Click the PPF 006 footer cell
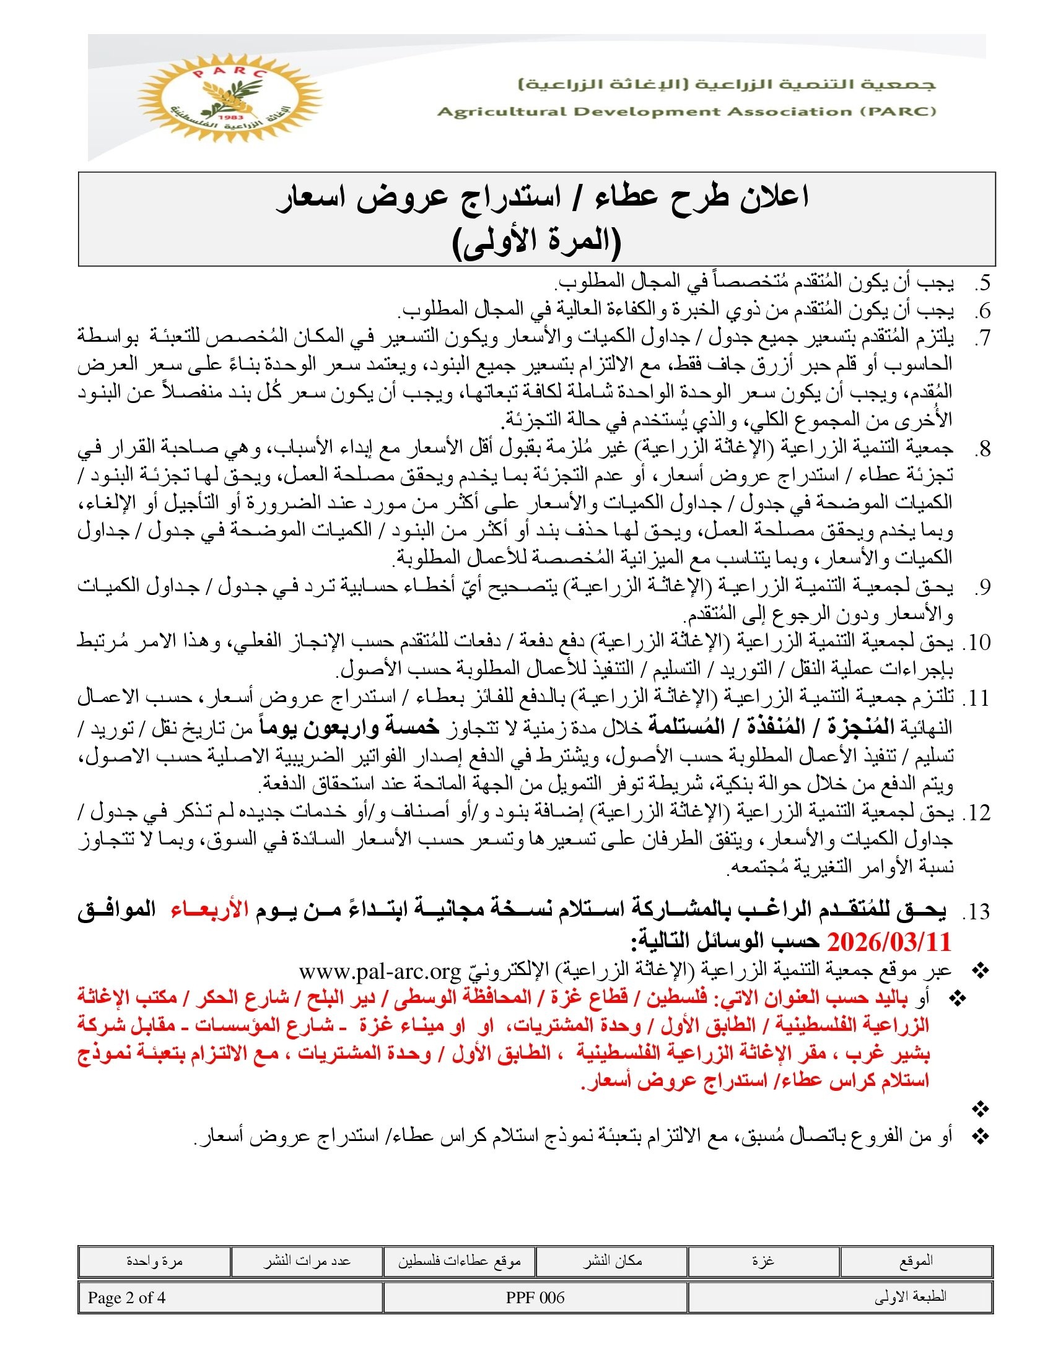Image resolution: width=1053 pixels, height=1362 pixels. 535,1298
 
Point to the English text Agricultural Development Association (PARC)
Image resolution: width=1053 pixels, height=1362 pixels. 687,112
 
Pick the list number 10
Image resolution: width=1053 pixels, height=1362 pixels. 977,643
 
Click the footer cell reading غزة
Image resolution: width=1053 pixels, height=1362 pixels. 764,1261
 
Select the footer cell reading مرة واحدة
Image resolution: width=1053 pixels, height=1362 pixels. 154,1261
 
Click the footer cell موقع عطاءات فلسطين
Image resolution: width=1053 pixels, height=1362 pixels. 459,1261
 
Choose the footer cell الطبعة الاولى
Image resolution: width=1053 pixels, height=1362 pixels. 910,1297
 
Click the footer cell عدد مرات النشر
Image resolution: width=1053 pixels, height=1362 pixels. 307,1261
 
